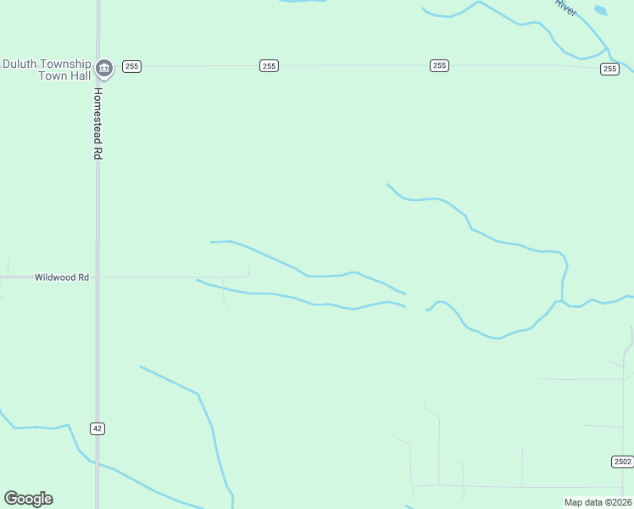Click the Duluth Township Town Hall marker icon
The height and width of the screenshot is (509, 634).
tap(104, 67)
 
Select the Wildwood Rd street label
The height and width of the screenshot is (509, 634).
tap(62, 277)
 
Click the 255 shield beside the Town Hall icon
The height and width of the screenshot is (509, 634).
tap(131, 66)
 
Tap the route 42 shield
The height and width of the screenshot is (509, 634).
tap(97, 428)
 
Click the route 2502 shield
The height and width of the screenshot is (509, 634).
tap(621, 461)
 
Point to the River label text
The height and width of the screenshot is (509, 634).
tap(565, 7)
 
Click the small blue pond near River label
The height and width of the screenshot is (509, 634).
tap(601, 11)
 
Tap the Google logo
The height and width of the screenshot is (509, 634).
tap(28, 499)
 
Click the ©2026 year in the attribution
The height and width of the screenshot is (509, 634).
tap(617, 502)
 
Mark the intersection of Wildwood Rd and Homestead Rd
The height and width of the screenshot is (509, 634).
tap(97, 277)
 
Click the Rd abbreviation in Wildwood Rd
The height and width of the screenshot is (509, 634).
tap(83, 277)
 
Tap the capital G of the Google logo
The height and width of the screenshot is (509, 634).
tap(11, 499)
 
